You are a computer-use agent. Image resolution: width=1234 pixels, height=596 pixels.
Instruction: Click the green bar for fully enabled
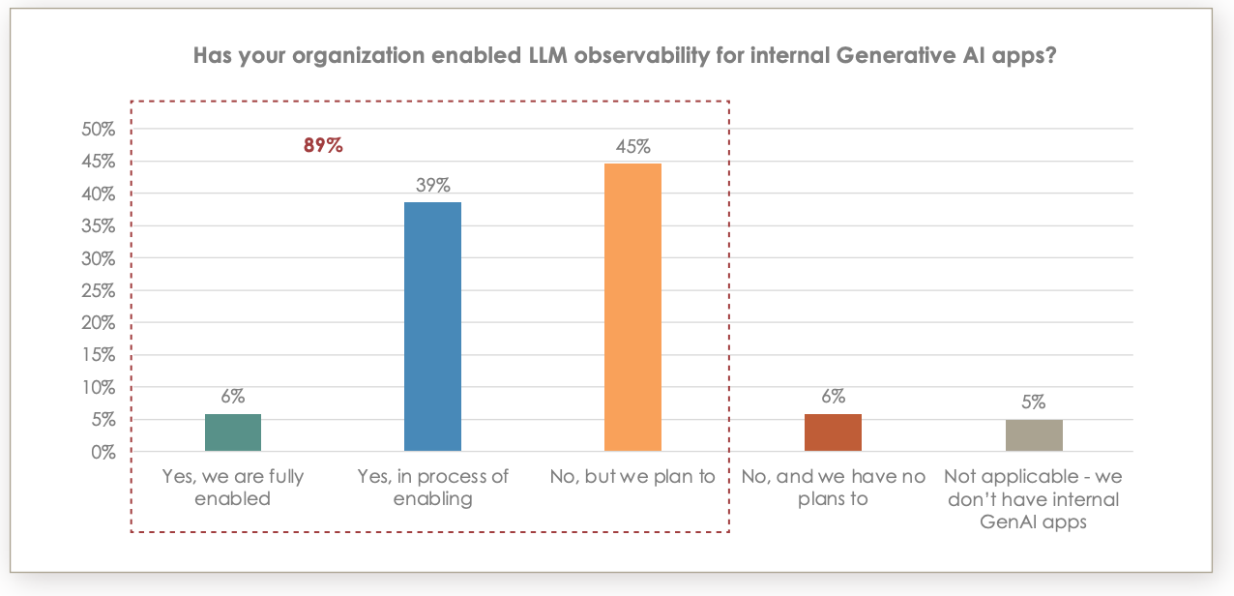point(233,432)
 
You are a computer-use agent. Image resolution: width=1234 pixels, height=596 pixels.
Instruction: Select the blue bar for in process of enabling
point(432,326)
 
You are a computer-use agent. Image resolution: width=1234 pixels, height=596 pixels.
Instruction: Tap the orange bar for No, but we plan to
point(632,307)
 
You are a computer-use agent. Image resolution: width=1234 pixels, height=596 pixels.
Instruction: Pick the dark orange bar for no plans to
point(833,432)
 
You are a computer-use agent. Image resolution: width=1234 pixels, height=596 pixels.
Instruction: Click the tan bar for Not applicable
point(1034,435)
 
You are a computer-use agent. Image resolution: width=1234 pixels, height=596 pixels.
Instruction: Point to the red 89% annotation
point(324,147)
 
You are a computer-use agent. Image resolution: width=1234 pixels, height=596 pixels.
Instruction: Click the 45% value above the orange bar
point(632,147)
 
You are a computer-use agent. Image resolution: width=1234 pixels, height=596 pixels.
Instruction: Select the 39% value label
point(432,185)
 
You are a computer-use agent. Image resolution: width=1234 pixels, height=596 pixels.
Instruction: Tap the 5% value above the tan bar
point(1034,402)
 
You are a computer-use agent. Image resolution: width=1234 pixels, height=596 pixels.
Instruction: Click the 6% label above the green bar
point(233,396)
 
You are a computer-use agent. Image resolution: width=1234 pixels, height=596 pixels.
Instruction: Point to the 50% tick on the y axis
point(98,130)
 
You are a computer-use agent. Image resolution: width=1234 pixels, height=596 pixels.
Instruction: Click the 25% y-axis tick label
point(98,290)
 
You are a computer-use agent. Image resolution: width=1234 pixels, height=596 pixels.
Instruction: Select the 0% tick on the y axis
point(102,452)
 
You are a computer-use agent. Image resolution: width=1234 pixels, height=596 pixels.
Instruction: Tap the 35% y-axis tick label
point(98,226)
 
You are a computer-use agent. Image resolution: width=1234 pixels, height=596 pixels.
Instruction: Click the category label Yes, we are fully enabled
point(233,488)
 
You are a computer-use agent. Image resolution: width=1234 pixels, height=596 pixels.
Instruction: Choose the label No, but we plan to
point(632,476)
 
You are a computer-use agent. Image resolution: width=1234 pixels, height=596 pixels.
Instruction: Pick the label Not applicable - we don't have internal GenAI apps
point(1033,499)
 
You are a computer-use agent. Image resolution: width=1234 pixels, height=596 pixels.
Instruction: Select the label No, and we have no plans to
point(833,488)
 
